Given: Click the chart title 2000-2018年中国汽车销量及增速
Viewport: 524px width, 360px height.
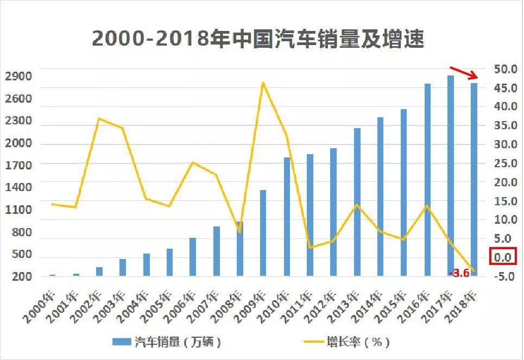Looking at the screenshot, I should [x=257, y=39].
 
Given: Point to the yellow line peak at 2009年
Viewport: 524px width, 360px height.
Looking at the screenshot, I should [x=263, y=83].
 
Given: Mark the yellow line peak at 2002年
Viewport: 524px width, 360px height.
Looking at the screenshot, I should [x=99, y=118].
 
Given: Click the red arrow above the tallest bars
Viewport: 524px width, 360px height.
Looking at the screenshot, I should [x=464, y=73].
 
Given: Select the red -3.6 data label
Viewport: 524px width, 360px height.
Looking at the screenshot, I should [x=459, y=273].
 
